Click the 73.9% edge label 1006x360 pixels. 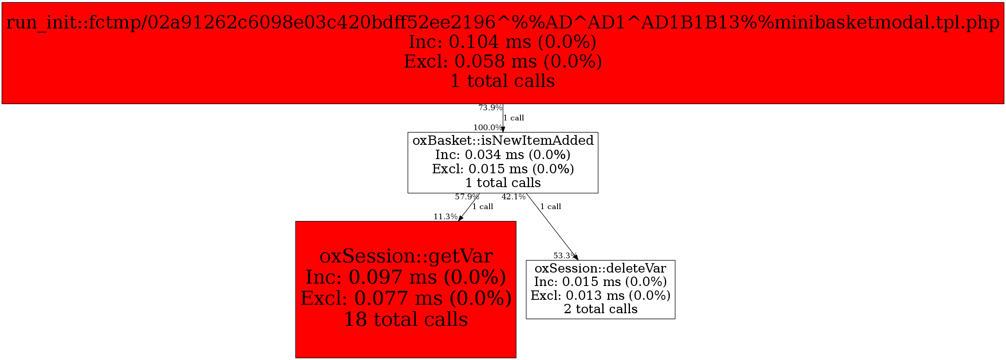tap(490, 108)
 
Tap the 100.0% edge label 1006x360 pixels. tap(487, 127)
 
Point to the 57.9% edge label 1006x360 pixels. tap(467, 197)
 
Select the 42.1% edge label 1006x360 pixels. tap(513, 197)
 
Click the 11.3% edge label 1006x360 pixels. tap(445, 216)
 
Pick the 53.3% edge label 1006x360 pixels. tap(564, 255)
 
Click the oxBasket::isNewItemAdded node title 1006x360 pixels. tap(503, 140)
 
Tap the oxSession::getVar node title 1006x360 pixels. tap(406, 256)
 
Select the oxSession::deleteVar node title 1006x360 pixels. tap(600, 268)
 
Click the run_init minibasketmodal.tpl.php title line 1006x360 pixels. tap(503, 22)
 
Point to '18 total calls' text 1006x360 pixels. tap(406, 320)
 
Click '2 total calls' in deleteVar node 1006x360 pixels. tap(600, 309)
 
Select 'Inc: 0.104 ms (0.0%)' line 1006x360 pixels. tap(503, 42)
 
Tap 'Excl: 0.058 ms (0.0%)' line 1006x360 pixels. tap(503, 61)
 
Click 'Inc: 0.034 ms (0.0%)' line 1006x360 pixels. tap(503, 155)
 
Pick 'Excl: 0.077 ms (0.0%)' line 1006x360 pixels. tap(406, 299)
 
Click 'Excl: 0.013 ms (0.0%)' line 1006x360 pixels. tap(600, 295)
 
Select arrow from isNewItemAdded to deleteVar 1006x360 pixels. tap(552, 226)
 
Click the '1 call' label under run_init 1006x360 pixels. tap(514, 118)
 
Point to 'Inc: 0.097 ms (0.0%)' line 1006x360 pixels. tap(406, 277)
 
